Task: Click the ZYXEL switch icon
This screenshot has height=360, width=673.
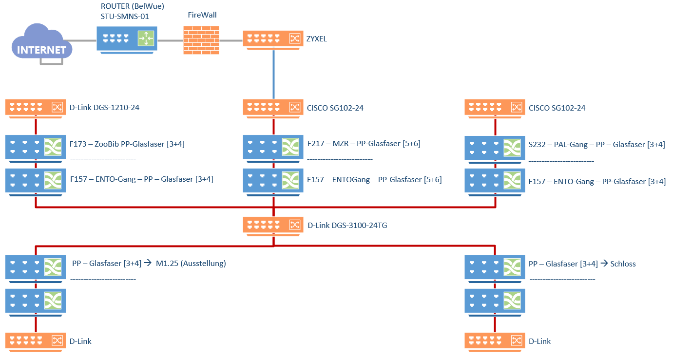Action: point(273,39)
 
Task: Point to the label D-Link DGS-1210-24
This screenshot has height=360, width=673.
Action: point(104,107)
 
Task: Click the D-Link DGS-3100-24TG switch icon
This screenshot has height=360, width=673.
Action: point(273,225)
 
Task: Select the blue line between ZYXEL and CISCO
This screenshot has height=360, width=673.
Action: point(273,73)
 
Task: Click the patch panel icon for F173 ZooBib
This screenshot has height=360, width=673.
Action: point(36,147)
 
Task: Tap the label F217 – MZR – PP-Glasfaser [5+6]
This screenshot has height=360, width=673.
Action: point(364,144)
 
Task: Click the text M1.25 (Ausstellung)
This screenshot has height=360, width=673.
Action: point(191,264)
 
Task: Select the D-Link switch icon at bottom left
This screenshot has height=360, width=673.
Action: point(36,341)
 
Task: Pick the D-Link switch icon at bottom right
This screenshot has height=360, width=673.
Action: point(495,341)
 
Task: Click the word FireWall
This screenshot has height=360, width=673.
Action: point(202,15)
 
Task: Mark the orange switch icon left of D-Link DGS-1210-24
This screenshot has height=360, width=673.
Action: point(36,107)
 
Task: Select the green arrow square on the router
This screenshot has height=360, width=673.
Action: point(146,38)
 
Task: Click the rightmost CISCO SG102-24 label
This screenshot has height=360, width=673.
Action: point(557,108)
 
